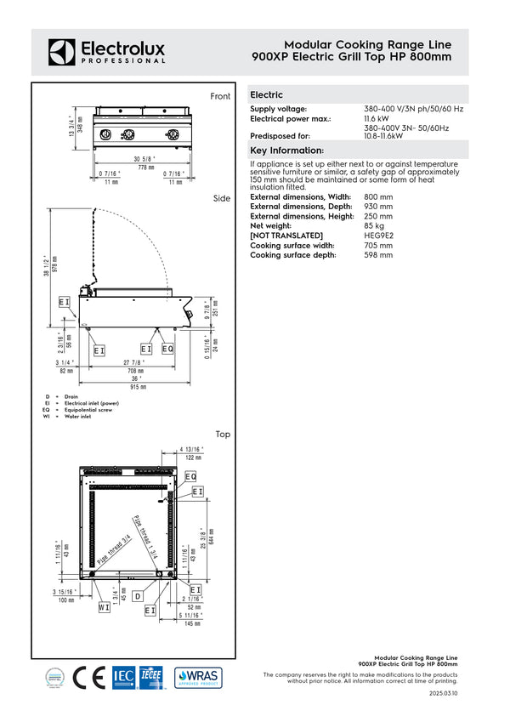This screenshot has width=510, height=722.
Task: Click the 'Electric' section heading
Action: [267, 95]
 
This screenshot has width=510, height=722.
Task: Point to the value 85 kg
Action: [375, 225]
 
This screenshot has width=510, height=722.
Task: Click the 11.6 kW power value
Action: [376, 118]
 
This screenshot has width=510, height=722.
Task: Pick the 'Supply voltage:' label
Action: [278, 109]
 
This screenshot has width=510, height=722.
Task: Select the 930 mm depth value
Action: [378, 207]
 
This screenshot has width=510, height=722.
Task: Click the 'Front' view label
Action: [220, 97]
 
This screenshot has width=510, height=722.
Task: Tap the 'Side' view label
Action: [222, 198]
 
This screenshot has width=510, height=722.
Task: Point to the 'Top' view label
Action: [223, 434]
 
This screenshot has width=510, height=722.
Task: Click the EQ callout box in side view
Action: [167, 349]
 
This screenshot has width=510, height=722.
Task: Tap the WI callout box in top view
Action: [104, 607]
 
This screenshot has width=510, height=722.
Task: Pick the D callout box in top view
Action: [137, 597]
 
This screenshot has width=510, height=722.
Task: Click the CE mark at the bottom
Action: [88, 678]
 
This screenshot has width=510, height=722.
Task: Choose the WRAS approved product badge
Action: [198, 678]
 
